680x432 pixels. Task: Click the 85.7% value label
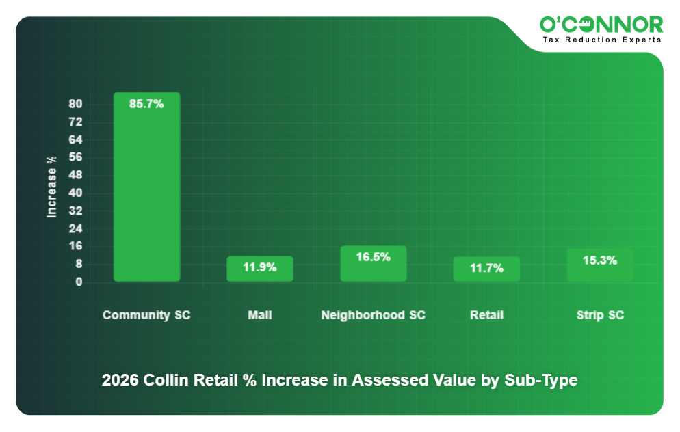(146, 105)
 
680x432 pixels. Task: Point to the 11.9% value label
(260, 267)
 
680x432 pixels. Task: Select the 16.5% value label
(374, 257)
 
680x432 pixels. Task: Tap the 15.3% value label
(600, 260)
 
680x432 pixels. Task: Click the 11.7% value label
(486, 268)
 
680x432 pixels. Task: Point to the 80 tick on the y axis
(75, 104)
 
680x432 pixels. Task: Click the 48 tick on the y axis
(75, 175)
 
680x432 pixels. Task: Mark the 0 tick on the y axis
(79, 282)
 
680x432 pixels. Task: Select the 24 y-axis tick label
(75, 228)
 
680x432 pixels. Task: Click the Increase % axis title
(52, 187)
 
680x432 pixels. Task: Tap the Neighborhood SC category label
(374, 315)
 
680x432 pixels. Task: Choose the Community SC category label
(146, 315)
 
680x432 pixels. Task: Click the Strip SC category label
(600, 315)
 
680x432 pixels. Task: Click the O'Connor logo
(601, 25)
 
